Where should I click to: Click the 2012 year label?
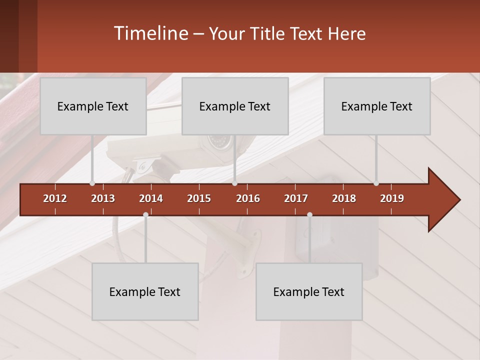(x=55, y=198)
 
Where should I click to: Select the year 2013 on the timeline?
(x=103, y=198)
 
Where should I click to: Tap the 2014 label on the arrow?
(x=151, y=198)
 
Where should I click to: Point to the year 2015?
(x=199, y=198)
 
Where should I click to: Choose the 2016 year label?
(x=248, y=198)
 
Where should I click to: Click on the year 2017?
(x=296, y=198)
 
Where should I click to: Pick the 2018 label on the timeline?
(x=344, y=198)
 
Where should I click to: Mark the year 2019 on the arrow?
(x=392, y=198)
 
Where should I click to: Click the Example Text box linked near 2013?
(x=93, y=106)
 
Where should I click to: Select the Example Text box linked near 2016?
(x=235, y=106)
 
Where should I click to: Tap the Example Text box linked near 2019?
(x=377, y=106)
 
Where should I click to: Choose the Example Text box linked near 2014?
(x=145, y=291)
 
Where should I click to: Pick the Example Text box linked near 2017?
(x=309, y=291)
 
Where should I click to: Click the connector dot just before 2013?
(x=92, y=183)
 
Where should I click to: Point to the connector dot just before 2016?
(x=234, y=183)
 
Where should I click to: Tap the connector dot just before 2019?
(x=376, y=183)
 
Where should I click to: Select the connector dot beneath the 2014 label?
(x=145, y=215)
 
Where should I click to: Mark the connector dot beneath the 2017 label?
(x=309, y=215)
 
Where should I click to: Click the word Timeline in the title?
(x=150, y=33)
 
